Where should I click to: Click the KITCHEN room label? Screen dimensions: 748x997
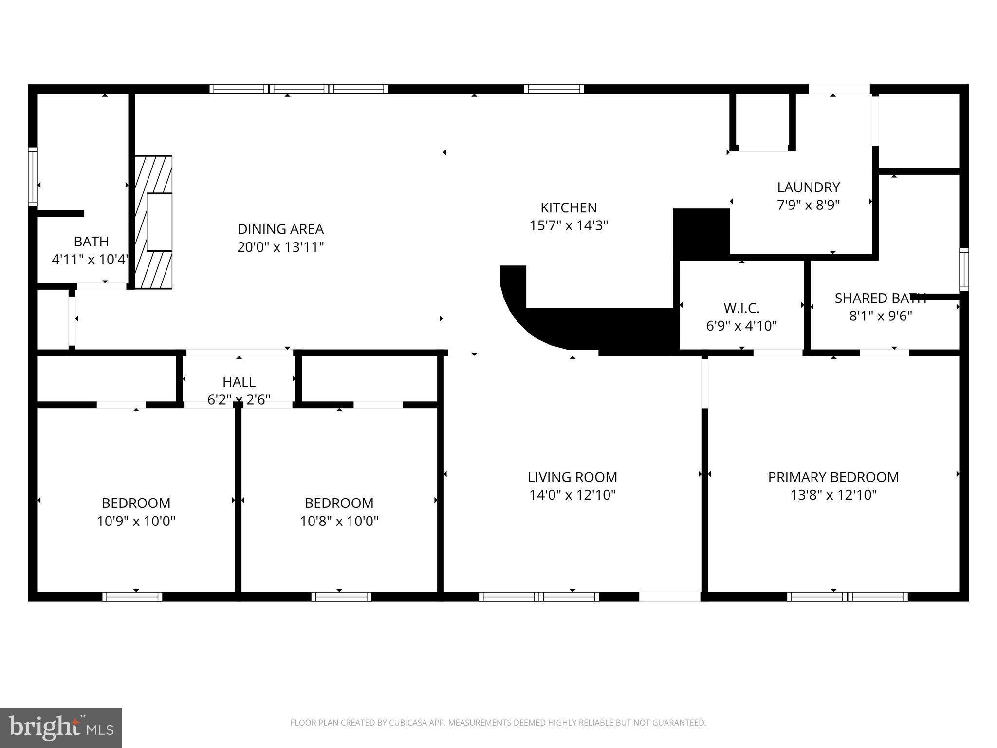[568, 208]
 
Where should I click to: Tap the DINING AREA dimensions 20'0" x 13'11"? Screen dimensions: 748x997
[280, 247]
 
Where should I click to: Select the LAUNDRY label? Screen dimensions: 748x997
[808, 187]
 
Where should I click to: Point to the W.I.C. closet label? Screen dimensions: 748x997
[741, 308]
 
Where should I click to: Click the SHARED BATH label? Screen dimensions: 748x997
[880, 299]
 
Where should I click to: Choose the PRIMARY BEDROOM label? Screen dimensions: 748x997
[833, 477]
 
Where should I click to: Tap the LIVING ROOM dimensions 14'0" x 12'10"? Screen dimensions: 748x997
[572, 495]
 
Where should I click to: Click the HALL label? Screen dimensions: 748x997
[239, 382]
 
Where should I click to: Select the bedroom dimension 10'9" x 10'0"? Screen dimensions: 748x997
[136, 522]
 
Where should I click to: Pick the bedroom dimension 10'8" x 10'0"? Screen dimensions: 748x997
[339, 522]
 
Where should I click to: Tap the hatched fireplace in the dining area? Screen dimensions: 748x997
[153, 222]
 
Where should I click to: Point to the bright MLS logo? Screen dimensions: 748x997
[61, 728]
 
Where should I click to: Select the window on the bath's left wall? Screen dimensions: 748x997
[33, 176]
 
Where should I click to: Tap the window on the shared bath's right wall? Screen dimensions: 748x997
[963, 269]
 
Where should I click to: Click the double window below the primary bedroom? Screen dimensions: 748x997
[847, 597]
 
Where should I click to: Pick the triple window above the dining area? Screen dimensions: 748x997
[299, 89]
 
